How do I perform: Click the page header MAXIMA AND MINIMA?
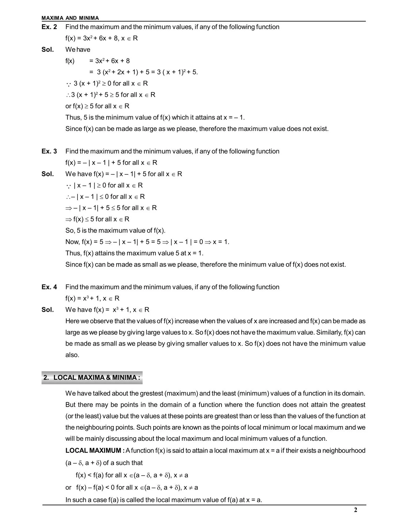pos(70,18)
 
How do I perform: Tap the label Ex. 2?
pos(49,27)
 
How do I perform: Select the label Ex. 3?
pos(49,151)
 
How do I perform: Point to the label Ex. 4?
pos(49,287)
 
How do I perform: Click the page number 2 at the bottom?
pos(356,510)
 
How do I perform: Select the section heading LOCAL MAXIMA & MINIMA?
pos(92,378)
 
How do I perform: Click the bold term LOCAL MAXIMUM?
pos(93,451)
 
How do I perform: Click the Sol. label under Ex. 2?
pos(48,50)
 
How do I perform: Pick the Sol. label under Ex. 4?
pos(48,309)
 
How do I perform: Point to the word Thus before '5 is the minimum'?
pos(73,118)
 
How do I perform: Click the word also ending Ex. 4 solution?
pos(72,355)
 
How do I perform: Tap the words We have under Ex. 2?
pos(78,50)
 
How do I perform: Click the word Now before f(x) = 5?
pos(72,242)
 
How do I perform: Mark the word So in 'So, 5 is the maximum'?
pos(69,231)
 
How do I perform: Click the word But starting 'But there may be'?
pos(71,405)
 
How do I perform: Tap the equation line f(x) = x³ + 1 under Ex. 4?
pos(92,298)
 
